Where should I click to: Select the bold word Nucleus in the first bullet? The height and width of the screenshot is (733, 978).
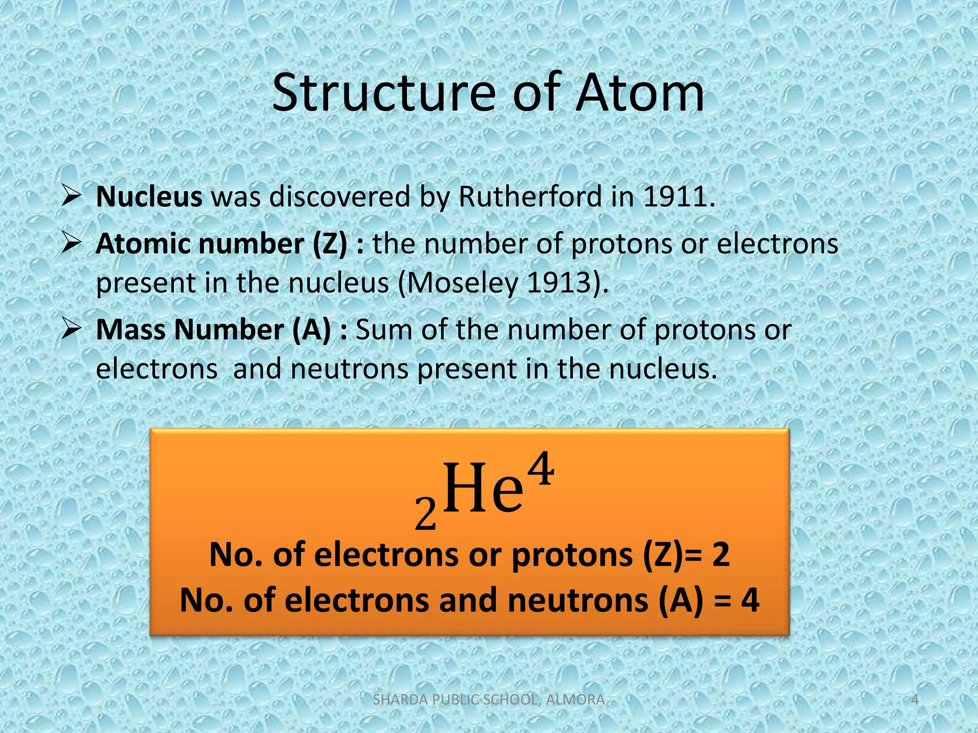(x=149, y=196)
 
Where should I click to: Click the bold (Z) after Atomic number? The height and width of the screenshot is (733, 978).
(x=330, y=244)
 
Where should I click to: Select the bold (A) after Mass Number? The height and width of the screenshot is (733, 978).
(x=311, y=330)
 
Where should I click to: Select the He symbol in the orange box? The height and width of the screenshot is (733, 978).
(x=482, y=489)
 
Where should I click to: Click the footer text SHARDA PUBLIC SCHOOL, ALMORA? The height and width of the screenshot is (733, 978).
(x=489, y=700)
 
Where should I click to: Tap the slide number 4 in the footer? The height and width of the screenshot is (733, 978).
(x=915, y=700)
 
